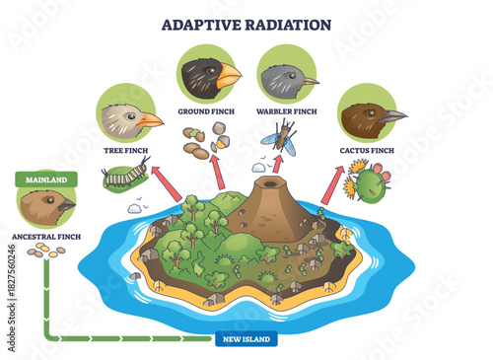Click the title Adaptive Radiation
tap(246, 22)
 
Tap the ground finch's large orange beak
tap(229, 76)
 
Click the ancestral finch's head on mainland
tap(45, 207)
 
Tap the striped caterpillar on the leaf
tap(124, 179)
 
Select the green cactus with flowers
tap(369, 183)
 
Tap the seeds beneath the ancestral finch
tap(45, 252)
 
